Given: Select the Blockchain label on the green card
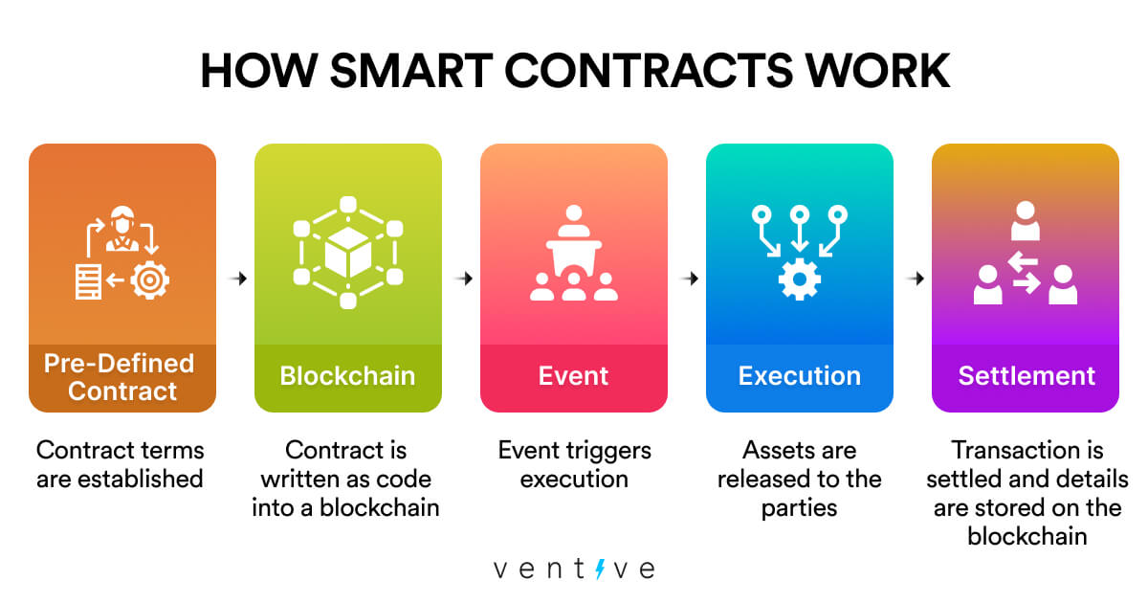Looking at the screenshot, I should (347, 375).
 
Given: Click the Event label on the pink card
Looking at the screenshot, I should (573, 375).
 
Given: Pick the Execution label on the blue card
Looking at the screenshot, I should (799, 375).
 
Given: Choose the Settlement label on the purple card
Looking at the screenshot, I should (1026, 375).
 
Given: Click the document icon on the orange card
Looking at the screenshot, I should (89, 280).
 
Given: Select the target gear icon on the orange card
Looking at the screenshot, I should (150, 280).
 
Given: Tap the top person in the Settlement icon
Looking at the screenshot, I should (1026, 221).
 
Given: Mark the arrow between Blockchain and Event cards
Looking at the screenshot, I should (463, 279).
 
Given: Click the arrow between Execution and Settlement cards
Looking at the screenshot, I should (915, 279).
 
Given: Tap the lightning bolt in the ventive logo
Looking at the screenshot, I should (600, 569).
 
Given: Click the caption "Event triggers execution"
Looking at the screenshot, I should (573, 463).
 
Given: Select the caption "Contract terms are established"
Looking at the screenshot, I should (121, 463).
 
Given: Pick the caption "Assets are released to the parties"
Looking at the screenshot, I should (799, 479).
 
